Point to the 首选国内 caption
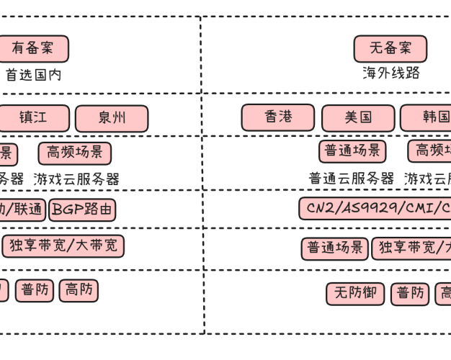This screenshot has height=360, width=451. coord(33,74)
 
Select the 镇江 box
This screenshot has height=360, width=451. coord(33,118)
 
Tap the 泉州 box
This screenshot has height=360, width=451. coord(112,118)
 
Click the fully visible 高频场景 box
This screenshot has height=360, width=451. coord(75,153)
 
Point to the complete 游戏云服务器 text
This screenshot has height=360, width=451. coord(76,179)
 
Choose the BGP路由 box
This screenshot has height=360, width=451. coord(82,210)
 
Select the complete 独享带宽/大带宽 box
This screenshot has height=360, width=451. coord(63,246)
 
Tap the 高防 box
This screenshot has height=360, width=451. coord(79,290)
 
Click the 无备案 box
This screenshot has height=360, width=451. coord(390,49)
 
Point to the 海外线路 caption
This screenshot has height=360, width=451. coord(390,73)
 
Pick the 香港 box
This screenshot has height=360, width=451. coord(278,117)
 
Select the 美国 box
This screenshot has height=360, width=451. coord(358,118)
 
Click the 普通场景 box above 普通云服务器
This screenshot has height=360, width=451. coord(352,151)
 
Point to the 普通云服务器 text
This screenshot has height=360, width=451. coord(352,179)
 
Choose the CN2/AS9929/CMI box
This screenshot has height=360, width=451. coord(375,209)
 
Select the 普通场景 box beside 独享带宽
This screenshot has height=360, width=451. coord(335,249)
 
